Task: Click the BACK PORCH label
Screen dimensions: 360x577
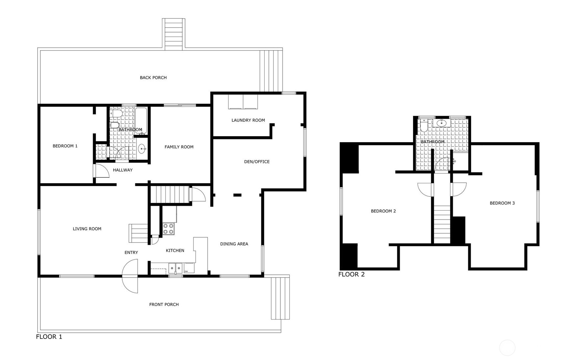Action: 153,78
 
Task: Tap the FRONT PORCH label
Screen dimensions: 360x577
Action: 164,304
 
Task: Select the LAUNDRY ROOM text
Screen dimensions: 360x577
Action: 248,120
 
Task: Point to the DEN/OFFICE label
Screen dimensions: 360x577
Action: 257,162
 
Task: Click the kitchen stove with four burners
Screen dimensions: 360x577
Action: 169,229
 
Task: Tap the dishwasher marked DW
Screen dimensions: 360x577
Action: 189,268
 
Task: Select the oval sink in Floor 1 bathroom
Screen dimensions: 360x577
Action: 142,149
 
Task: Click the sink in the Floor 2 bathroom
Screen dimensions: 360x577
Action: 441,123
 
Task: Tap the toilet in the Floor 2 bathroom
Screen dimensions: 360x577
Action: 424,126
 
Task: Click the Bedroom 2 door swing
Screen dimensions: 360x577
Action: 425,190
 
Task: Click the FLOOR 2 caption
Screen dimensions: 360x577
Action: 351,274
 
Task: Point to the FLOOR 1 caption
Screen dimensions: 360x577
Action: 49,337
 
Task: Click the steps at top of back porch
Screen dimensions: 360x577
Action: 173,34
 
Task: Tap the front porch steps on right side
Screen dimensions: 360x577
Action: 280,298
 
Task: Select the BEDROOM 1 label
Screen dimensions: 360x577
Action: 65,146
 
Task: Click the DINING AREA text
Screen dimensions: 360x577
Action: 234,244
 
